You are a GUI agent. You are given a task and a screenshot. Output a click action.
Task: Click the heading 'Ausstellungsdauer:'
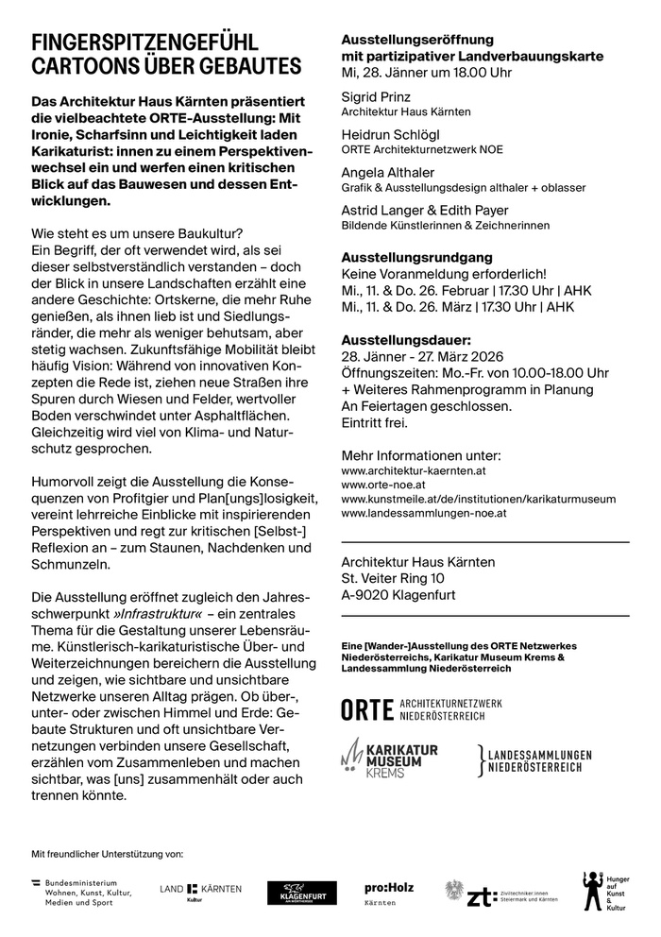(x=405, y=339)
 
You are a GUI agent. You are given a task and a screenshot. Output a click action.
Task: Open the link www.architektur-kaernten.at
(x=414, y=469)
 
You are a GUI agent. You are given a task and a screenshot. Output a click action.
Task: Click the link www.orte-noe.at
(x=382, y=485)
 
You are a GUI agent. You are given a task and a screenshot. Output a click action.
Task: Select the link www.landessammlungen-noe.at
(x=424, y=513)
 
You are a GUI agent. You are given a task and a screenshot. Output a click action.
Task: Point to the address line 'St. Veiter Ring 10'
(x=393, y=578)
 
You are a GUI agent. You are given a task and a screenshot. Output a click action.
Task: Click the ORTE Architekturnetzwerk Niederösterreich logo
(x=422, y=709)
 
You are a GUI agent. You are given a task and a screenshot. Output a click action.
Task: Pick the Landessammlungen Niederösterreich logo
(x=535, y=761)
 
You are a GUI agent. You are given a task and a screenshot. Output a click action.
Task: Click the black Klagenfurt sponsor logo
(x=301, y=893)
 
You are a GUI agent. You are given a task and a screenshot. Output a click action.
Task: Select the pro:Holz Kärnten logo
(x=389, y=894)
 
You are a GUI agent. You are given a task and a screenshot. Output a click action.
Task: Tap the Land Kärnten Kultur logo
(x=200, y=892)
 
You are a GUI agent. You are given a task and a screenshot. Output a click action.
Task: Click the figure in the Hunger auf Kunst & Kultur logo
(x=592, y=890)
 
